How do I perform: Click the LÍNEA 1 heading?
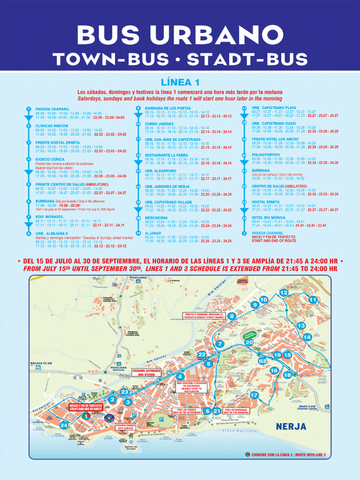[180, 83]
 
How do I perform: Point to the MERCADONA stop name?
[156, 217]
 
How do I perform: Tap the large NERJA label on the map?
[291, 427]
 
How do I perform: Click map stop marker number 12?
[284, 292]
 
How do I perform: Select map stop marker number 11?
[313, 300]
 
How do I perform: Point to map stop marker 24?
[64, 426]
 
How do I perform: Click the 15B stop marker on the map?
[262, 360]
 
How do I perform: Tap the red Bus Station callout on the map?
[146, 373]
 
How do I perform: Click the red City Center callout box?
[125, 427]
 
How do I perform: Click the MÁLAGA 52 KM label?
[42, 363]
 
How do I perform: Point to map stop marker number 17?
[255, 395]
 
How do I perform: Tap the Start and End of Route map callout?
[86, 406]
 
